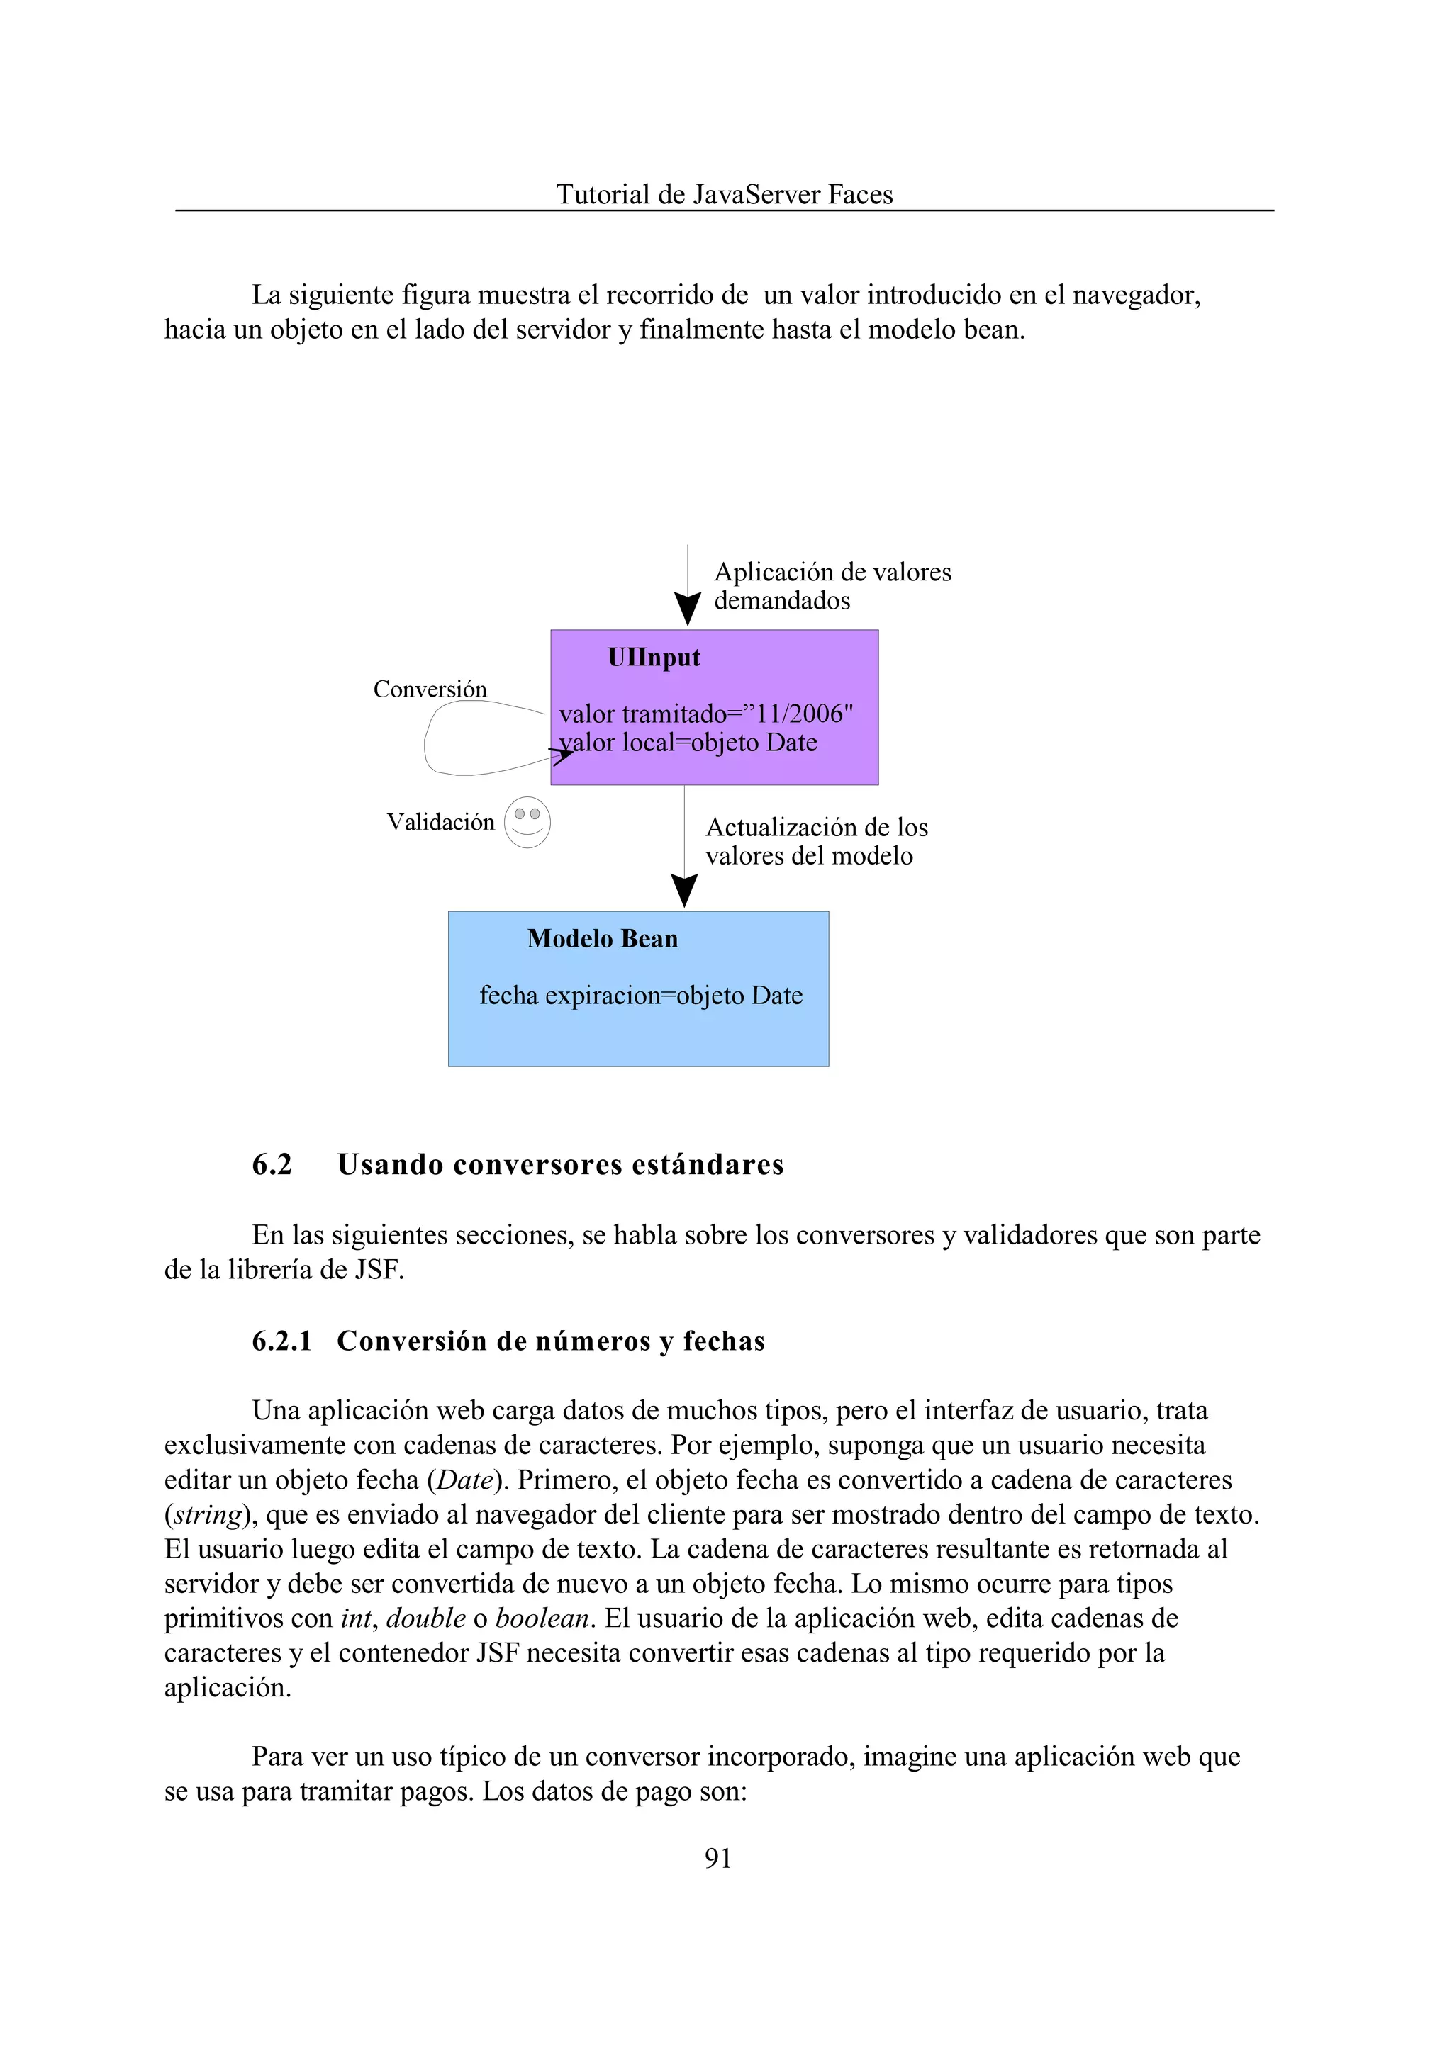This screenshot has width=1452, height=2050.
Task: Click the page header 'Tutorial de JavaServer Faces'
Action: click(x=724, y=194)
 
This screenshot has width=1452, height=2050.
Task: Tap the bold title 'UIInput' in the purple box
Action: click(x=654, y=658)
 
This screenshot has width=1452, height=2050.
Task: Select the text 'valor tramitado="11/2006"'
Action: click(x=705, y=714)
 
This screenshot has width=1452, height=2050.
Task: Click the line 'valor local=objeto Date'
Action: click(x=688, y=743)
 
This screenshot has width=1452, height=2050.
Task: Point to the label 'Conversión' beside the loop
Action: click(x=430, y=689)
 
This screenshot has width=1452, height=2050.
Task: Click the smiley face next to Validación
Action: click(x=527, y=822)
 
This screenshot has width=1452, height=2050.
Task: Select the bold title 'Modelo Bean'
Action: click(x=602, y=938)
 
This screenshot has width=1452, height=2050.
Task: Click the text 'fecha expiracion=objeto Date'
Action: click(x=640, y=996)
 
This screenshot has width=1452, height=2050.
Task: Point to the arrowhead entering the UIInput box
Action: click(x=687, y=609)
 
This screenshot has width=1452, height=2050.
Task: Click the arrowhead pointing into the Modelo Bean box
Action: click(x=684, y=891)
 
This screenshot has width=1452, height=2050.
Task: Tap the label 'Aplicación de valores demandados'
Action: click(x=832, y=586)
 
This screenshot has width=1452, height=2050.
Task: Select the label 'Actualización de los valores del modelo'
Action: click(x=815, y=842)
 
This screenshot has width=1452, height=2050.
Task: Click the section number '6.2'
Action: click(x=272, y=1164)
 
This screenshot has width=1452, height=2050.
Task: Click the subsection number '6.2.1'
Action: click(x=281, y=1341)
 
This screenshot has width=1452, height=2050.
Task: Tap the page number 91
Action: click(x=718, y=1858)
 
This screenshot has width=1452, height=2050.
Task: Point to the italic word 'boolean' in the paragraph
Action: click(x=542, y=1618)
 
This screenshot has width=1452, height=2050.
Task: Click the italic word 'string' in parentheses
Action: click(x=208, y=1515)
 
